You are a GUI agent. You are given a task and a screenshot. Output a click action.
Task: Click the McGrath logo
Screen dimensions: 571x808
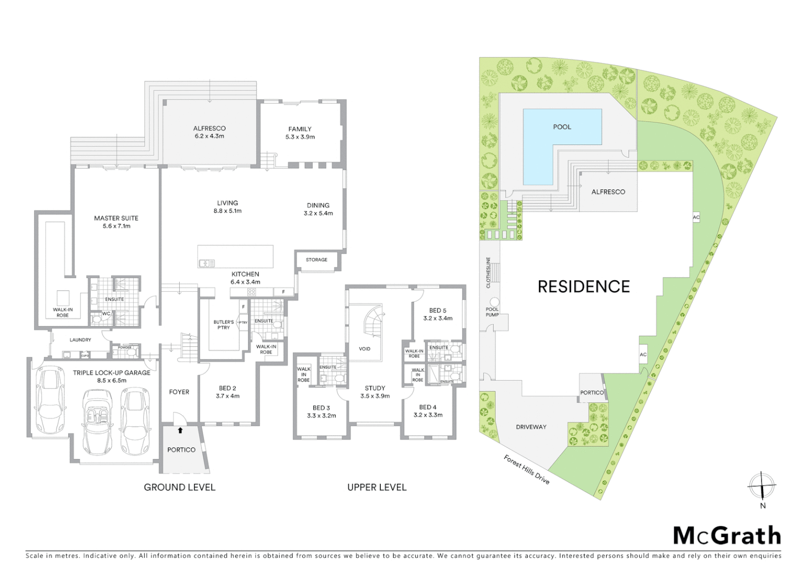point(727,536)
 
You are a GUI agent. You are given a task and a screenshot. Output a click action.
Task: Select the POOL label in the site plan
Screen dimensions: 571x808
point(562,127)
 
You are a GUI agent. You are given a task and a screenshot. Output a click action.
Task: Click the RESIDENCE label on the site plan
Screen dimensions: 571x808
point(584,287)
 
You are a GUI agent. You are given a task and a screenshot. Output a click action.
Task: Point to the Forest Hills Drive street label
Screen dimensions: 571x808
point(527,469)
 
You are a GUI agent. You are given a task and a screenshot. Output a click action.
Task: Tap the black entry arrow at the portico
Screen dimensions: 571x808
point(180,430)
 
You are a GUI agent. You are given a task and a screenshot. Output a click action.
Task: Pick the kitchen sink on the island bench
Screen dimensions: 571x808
point(206,263)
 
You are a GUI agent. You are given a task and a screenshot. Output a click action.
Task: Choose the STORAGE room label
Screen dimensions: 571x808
point(316,260)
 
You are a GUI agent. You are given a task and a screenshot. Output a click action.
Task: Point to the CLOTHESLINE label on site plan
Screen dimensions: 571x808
point(489,273)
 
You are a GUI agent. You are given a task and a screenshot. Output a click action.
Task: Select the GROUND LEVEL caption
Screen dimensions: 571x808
point(180,487)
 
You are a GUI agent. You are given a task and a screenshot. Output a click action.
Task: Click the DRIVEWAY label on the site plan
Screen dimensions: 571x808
point(530,427)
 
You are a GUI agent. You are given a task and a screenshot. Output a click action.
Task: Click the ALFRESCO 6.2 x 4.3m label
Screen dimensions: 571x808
point(209,132)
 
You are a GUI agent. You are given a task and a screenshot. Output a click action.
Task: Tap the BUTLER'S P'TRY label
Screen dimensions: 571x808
point(223,325)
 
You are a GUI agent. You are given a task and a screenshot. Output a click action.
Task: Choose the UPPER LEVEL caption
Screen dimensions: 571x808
point(377,487)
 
